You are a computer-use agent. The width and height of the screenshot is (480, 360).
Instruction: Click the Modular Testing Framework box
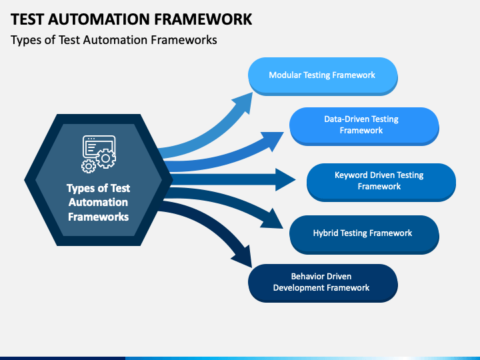(323, 76)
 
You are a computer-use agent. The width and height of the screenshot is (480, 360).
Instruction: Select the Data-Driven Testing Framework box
(364, 126)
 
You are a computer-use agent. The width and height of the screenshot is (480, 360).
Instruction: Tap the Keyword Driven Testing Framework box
(381, 182)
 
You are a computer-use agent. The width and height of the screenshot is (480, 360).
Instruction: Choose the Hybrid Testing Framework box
(364, 235)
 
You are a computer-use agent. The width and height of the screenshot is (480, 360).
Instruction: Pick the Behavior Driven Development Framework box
(323, 283)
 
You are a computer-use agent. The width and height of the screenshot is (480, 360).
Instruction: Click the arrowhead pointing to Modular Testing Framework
(244, 102)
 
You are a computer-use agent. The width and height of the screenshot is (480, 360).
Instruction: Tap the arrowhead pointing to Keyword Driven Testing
(285, 179)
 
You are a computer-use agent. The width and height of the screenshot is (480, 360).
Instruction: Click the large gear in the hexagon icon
(105, 158)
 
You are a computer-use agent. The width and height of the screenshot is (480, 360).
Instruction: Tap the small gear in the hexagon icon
(89, 166)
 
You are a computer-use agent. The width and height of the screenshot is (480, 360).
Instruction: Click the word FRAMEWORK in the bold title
(203, 19)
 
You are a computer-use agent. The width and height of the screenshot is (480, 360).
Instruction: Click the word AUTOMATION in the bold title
(99, 19)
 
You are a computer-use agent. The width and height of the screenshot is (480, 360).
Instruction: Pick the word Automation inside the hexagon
(98, 203)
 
